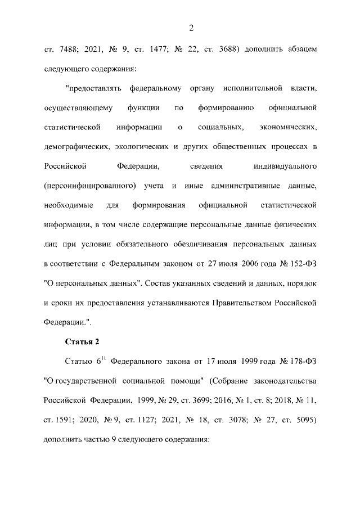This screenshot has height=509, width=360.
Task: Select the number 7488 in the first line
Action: click(x=66, y=50)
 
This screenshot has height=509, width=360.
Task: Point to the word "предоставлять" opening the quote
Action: click(x=93, y=89)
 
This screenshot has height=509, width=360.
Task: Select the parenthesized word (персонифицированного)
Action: click(x=91, y=186)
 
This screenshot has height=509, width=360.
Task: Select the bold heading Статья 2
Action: click(x=82, y=341)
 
